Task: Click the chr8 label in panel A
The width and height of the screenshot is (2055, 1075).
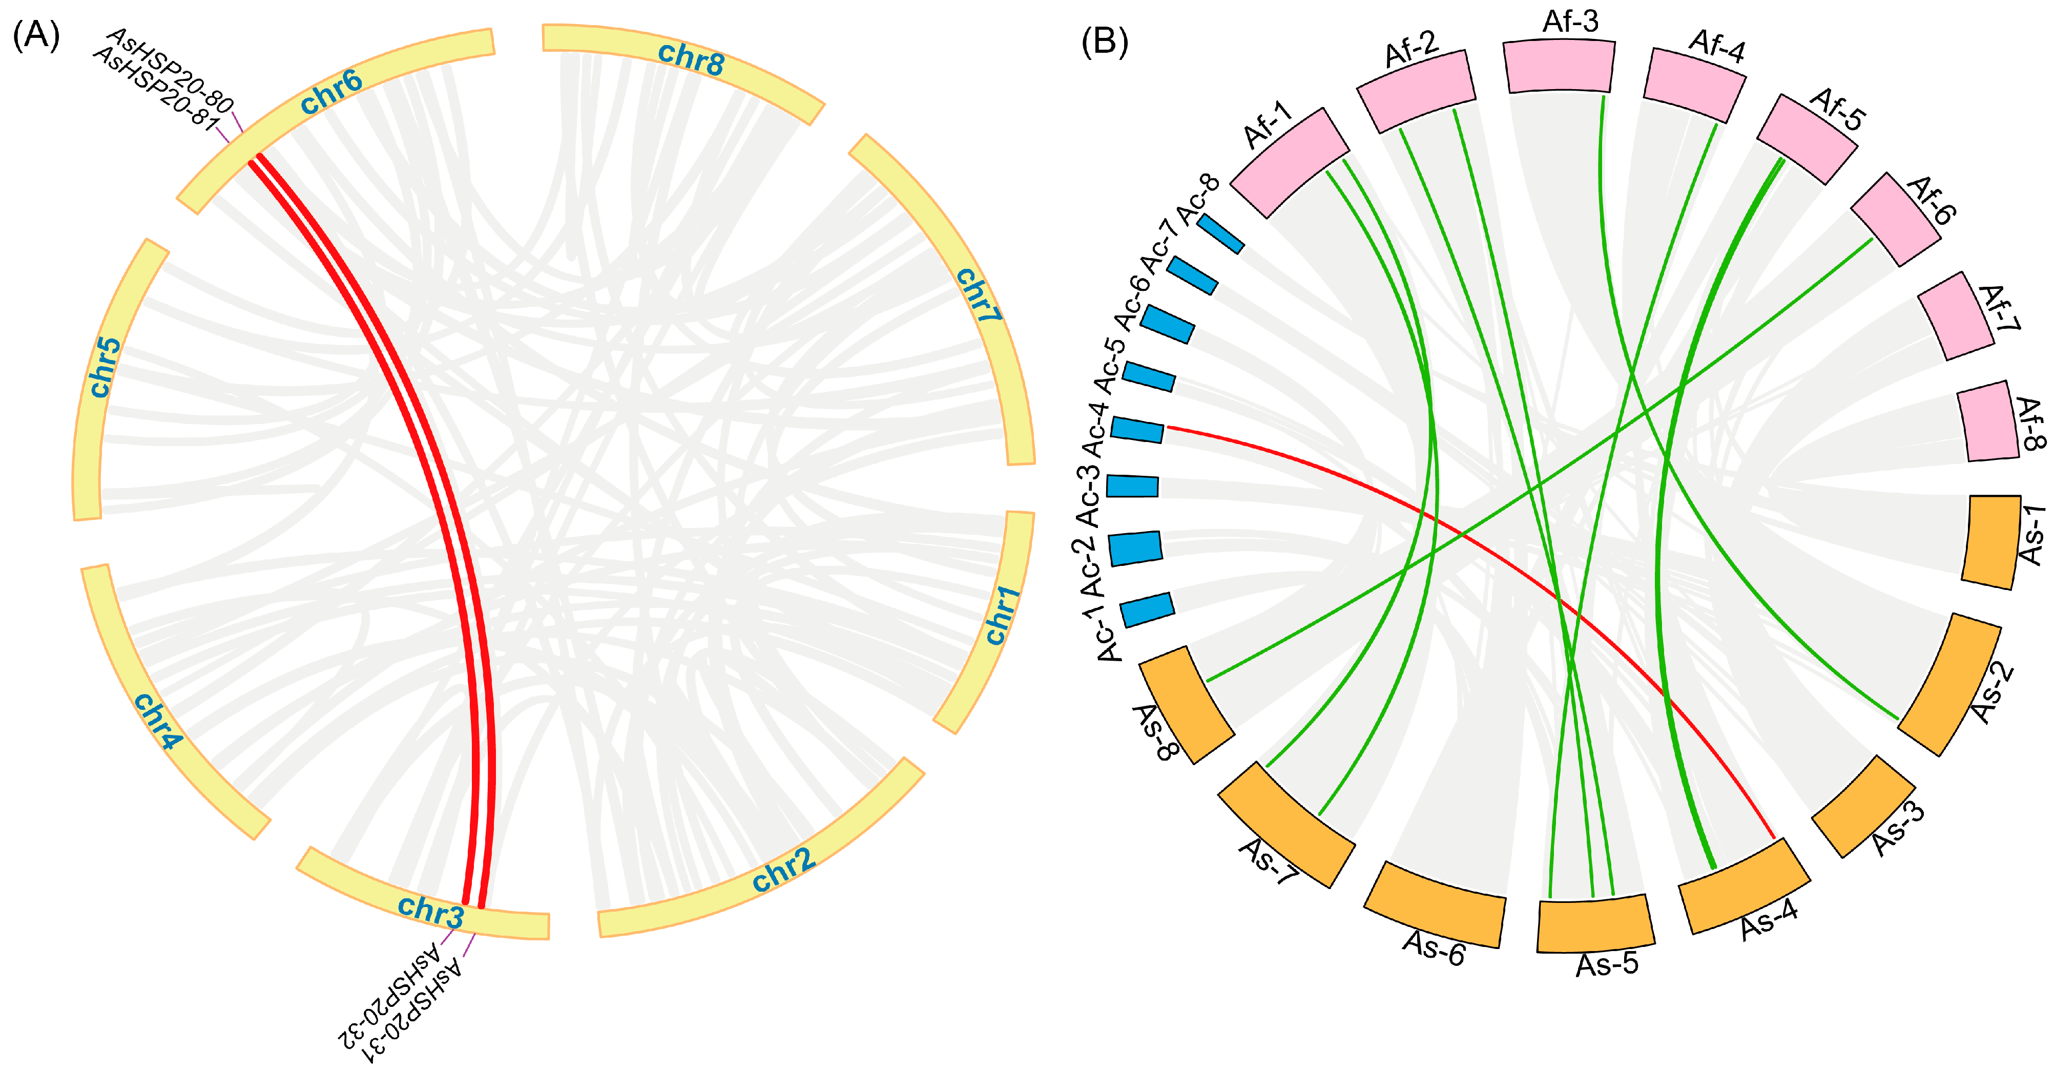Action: [691, 58]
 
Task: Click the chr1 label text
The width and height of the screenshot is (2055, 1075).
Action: [1002, 615]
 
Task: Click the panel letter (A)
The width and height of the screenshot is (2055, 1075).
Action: [36, 36]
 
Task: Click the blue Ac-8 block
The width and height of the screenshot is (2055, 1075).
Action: [1220, 234]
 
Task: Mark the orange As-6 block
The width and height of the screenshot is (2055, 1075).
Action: [1435, 903]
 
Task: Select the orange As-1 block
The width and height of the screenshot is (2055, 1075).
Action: [1991, 542]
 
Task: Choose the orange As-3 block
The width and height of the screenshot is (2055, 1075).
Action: [1862, 806]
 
